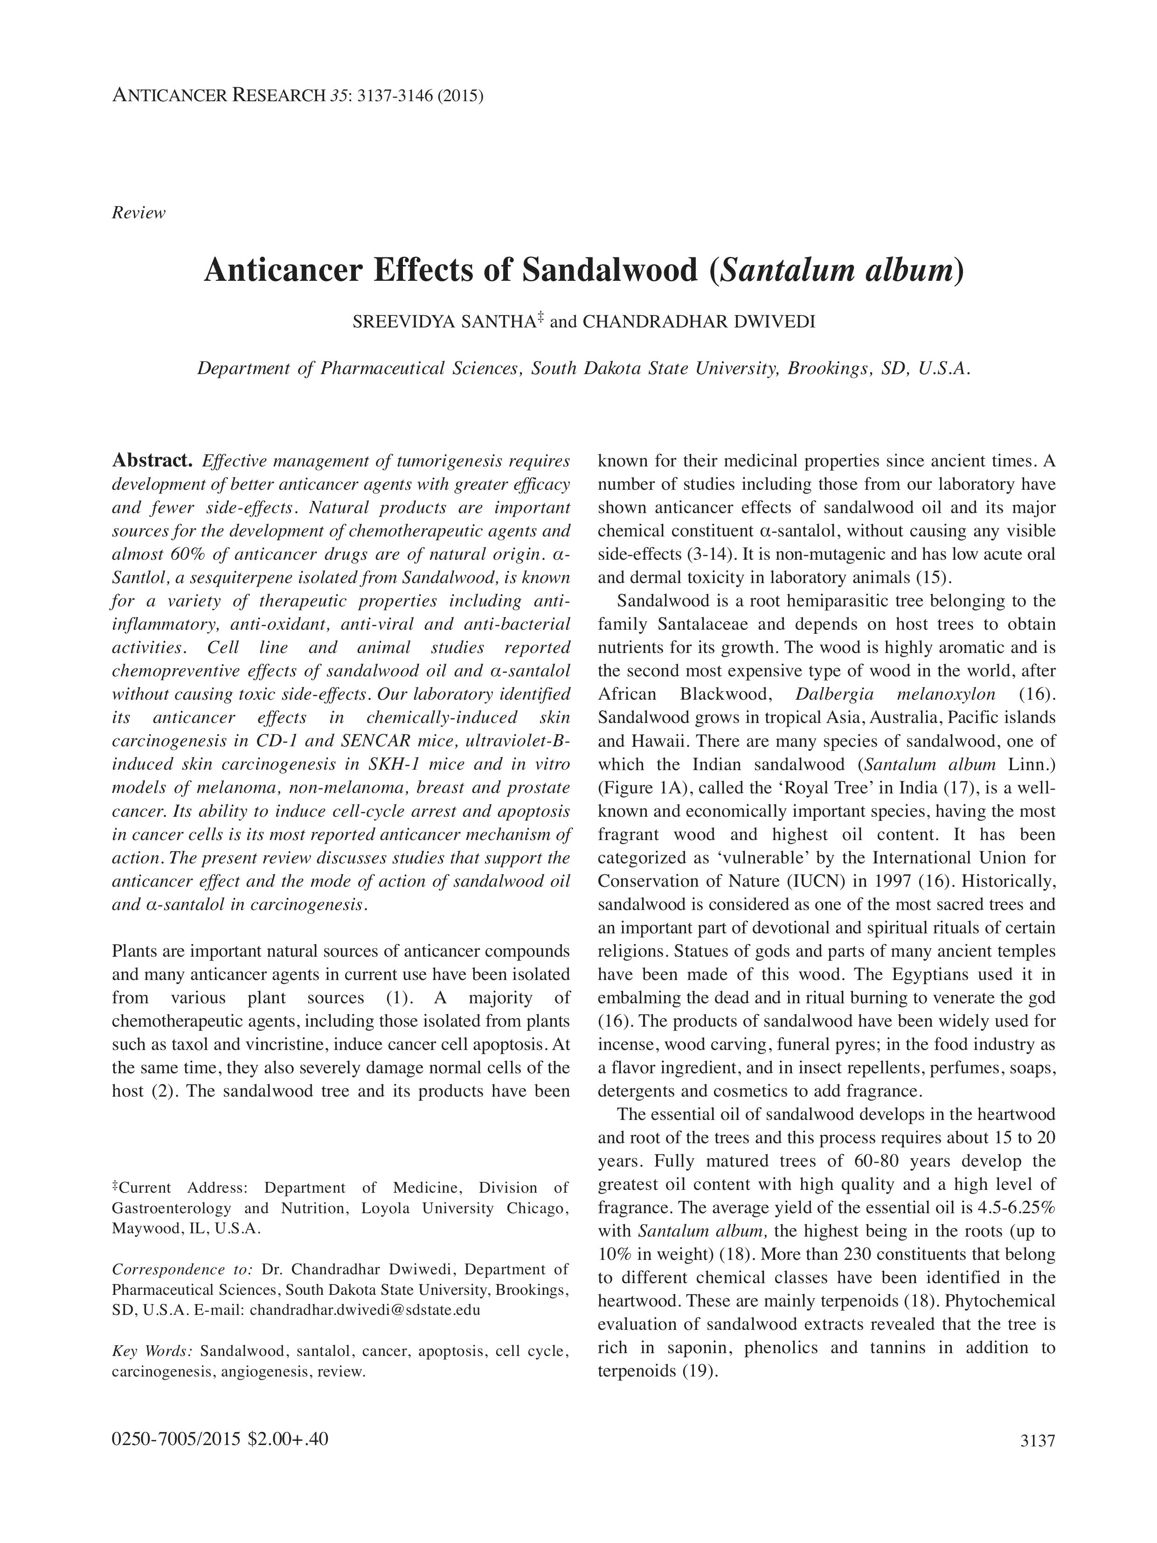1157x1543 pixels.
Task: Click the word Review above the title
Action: pyautogui.click(x=138, y=213)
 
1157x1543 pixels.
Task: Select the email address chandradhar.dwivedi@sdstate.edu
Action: pyautogui.click(x=365, y=1309)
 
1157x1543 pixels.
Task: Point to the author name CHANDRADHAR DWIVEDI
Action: pyautogui.click(x=698, y=322)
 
